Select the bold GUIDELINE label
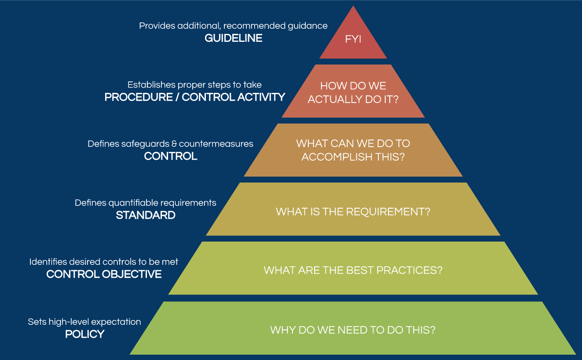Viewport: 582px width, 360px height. point(233,38)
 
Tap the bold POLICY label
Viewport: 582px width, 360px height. point(84,334)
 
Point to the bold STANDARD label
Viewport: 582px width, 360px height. point(146,215)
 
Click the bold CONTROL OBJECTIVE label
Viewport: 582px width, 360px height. point(104,274)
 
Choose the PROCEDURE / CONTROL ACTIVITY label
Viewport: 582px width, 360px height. point(195,97)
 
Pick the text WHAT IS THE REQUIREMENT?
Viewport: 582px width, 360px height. point(353,212)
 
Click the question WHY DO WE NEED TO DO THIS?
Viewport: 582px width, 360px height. point(353,330)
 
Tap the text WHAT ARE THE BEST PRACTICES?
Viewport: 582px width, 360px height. point(353,270)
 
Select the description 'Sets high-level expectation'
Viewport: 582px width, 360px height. point(84,322)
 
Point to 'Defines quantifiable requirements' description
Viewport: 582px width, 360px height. point(146,203)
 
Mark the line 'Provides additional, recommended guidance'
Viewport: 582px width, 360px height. point(233,26)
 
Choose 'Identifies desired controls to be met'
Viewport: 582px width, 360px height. point(104,262)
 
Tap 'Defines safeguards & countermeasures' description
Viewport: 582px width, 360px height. point(170,143)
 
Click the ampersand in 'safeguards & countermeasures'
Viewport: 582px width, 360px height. point(175,144)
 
